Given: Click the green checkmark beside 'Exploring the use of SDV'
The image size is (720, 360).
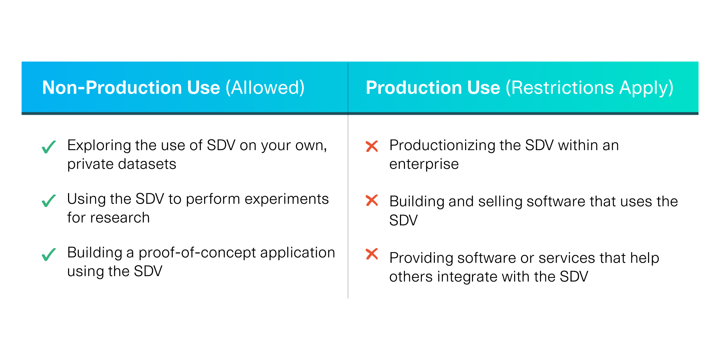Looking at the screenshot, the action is tap(49, 147).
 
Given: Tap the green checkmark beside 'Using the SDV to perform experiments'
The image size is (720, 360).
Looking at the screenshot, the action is tap(49, 201).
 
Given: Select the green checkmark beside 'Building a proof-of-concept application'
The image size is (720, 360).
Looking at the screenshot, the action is tap(49, 254).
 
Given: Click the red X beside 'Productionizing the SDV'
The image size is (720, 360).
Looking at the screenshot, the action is tap(372, 146).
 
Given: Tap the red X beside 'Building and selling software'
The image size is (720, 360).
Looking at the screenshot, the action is tap(372, 201).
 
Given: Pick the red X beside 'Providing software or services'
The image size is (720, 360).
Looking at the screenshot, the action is tap(372, 254).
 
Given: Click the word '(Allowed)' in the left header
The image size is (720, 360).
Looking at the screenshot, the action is tap(265, 88).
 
